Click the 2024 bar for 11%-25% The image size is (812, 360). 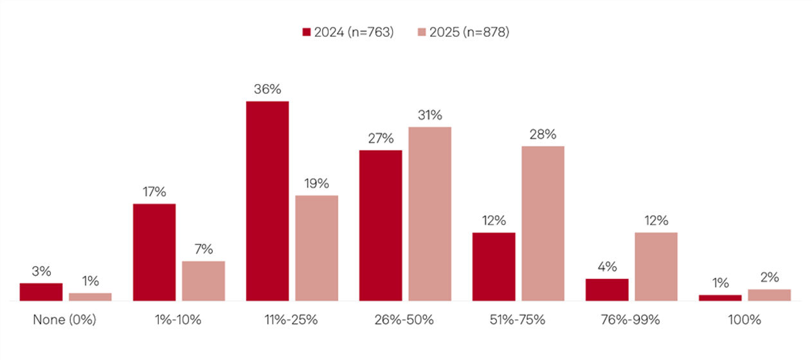pos(267,201)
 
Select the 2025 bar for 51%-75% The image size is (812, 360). pos(543,223)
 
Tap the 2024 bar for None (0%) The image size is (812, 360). pos(41,292)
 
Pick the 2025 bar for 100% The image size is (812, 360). pos(769,295)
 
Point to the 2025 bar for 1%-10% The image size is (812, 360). pos(203,281)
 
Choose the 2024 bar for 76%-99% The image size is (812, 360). pos(607,289)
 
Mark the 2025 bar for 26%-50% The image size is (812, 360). pos(429,213)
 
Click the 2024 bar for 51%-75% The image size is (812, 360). pos(494,266)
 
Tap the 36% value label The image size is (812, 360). pos(267,89)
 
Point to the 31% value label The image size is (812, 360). pos(429,115)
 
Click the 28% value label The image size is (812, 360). pos(543,134)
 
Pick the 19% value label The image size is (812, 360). pos(316,183)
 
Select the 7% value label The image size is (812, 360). pos(203,249)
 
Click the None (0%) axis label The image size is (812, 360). pos(64,319)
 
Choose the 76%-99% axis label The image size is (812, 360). pos(631,319)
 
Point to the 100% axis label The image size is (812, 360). pos(744,319)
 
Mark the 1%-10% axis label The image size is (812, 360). pos(179,319)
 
